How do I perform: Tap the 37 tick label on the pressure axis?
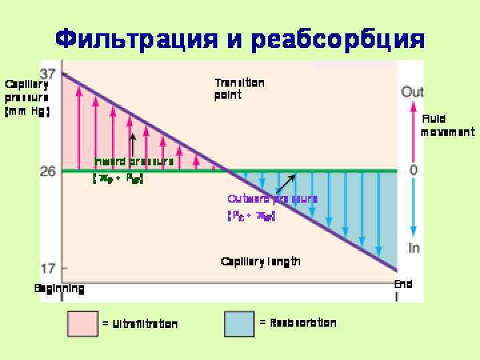click(x=47, y=73)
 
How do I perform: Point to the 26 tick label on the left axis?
click(x=47, y=171)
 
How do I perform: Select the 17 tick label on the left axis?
click(x=47, y=269)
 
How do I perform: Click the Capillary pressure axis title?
click(x=27, y=97)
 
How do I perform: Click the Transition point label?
click(x=239, y=89)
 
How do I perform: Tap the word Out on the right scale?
click(x=413, y=92)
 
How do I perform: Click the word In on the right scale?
click(x=414, y=248)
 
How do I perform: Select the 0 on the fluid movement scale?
click(x=413, y=171)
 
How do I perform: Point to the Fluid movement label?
click(x=447, y=125)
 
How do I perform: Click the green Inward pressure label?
click(x=134, y=161)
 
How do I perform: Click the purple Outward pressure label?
click(x=272, y=199)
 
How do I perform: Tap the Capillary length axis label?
click(x=261, y=261)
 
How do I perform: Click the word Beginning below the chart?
click(x=59, y=289)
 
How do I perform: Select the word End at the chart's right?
click(x=403, y=284)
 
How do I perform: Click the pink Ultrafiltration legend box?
click(x=83, y=324)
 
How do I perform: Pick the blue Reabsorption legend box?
click(x=239, y=324)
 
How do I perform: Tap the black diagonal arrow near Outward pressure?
click(x=285, y=184)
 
